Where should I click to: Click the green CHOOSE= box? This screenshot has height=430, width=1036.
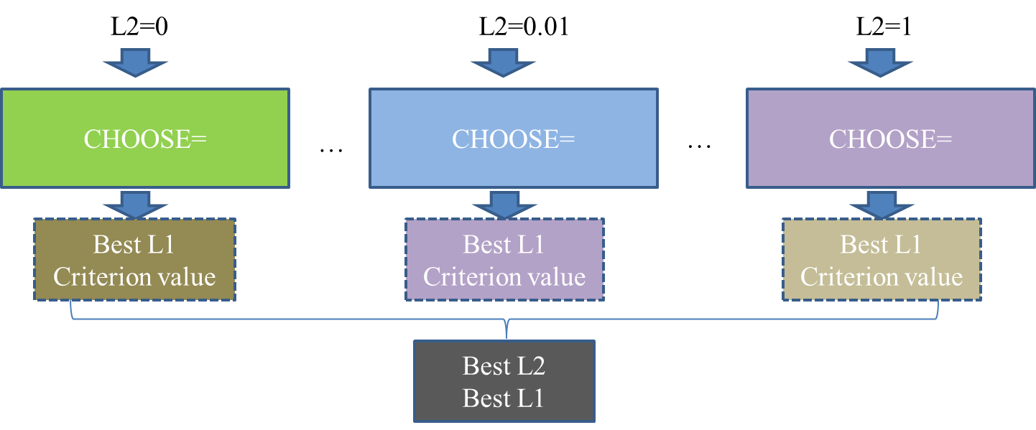tap(144, 139)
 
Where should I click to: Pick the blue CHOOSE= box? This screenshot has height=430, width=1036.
tap(513, 139)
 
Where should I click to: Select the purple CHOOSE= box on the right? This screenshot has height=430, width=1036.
tap(890, 139)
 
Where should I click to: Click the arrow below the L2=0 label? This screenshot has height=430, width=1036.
tap(136, 63)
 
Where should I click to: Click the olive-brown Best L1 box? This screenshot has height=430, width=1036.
tap(134, 260)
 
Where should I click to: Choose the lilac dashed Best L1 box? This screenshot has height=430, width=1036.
tap(504, 260)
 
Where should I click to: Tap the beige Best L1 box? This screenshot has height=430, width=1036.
tap(881, 260)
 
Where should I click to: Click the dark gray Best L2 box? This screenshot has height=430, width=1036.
tap(504, 381)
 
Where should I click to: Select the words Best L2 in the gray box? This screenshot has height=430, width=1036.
tap(504, 366)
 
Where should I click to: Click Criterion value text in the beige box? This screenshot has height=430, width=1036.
tap(881, 277)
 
